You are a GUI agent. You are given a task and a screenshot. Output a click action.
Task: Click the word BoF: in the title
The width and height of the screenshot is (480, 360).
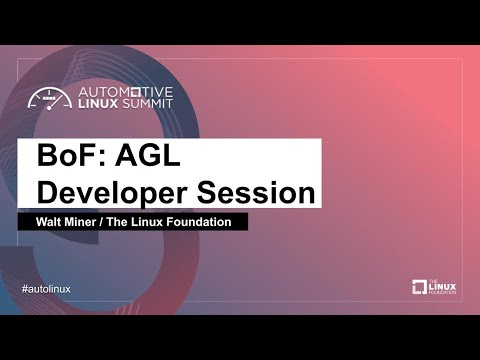point(70,157)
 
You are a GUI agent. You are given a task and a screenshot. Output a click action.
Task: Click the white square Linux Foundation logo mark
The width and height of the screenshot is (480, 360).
point(420,288)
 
